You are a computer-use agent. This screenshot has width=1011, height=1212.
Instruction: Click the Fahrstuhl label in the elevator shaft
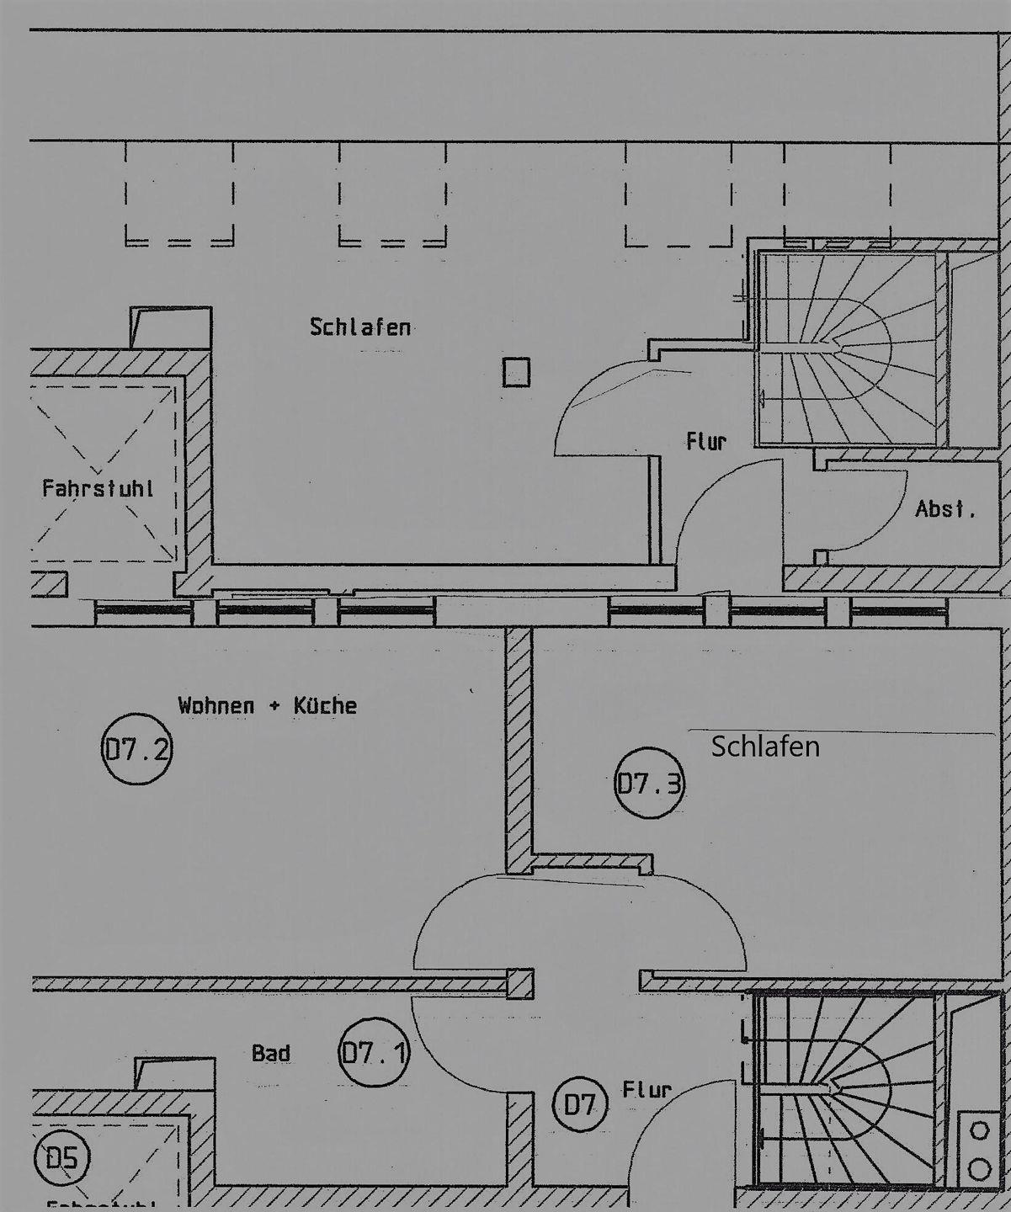click(x=98, y=488)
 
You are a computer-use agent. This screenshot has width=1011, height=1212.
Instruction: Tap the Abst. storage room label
click(x=945, y=509)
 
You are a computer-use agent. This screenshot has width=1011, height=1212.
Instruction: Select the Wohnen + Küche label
click(x=267, y=705)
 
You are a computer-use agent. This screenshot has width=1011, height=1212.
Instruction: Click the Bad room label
click(x=271, y=1053)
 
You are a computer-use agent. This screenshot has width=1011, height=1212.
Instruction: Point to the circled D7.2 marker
click(x=136, y=749)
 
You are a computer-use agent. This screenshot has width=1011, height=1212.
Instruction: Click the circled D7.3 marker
click(x=649, y=784)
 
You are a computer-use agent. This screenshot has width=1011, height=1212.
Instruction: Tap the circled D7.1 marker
click(x=375, y=1052)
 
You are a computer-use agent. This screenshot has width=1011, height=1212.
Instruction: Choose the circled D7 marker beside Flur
click(x=579, y=1104)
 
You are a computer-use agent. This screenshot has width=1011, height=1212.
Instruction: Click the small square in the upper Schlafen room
click(x=516, y=372)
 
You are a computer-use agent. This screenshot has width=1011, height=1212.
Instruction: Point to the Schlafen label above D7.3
click(x=765, y=747)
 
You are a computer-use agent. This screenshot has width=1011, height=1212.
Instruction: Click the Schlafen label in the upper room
click(x=360, y=327)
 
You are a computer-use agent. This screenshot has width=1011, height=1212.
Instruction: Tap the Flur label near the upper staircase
click(x=705, y=441)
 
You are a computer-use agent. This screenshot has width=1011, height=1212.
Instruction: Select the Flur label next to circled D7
click(x=647, y=1090)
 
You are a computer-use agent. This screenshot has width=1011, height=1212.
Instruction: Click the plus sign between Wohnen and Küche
click(x=274, y=706)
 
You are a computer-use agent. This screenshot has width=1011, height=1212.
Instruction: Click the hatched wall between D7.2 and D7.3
click(x=519, y=749)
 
